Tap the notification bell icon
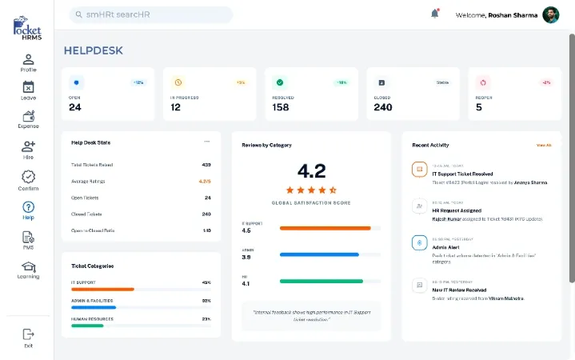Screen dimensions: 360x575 [x=435, y=14]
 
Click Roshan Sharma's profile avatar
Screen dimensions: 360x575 [x=550, y=14]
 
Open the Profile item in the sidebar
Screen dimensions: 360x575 [x=28, y=61]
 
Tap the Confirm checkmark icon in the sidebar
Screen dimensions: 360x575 [x=28, y=178]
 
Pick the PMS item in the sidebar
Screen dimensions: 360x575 [x=28, y=238]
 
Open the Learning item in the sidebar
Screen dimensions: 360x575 [x=28, y=268]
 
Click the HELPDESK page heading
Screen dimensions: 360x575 [x=94, y=51]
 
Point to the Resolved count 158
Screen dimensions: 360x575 [x=281, y=107]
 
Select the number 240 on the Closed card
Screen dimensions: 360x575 [x=383, y=107]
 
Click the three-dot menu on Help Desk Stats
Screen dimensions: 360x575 [x=207, y=142]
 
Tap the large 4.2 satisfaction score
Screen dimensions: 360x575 [x=311, y=170]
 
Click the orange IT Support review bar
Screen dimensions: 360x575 [x=325, y=228]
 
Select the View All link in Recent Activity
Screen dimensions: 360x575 [x=544, y=145]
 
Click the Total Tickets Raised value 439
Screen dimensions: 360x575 [x=206, y=165]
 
